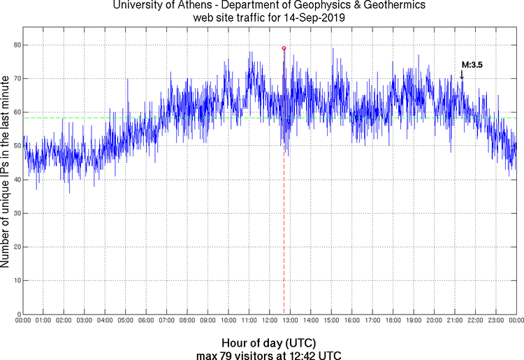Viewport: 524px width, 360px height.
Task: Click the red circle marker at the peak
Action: pyautogui.click(x=284, y=48)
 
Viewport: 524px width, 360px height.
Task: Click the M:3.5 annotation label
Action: pyautogui.click(x=472, y=64)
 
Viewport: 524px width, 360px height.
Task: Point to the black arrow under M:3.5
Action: pyautogui.click(x=462, y=74)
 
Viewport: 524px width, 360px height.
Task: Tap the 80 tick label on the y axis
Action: pyautogui.click(x=15, y=45)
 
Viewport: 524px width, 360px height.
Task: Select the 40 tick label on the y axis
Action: pyautogui.click(x=15, y=180)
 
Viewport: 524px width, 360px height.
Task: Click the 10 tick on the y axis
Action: pyautogui.click(x=15, y=280)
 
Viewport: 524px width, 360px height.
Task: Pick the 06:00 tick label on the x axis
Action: pyautogui.click(x=146, y=321)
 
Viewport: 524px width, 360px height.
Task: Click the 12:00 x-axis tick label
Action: pyautogui.click(x=270, y=321)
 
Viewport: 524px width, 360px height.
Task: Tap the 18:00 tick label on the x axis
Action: pyautogui.click(x=393, y=321)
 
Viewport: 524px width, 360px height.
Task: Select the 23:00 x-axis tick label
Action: pyautogui.click(x=496, y=321)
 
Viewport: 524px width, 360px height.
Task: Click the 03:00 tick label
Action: pyautogui.click(x=84, y=321)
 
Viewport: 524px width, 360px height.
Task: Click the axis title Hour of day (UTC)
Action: pyautogui.click(x=269, y=343)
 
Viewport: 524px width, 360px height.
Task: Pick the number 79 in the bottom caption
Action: pyautogui.click(x=231, y=354)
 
